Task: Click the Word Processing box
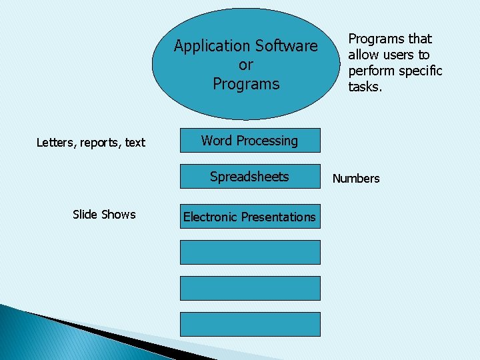(x=250, y=141)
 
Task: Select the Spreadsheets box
(x=250, y=177)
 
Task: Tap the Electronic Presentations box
(x=250, y=217)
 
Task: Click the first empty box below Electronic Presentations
(x=250, y=252)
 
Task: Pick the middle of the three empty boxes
(x=250, y=288)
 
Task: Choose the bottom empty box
(x=250, y=324)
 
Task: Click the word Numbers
(x=356, y=179)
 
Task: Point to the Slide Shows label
(x=104, y=215)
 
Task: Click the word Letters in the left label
(x=55, y=143)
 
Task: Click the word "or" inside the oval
(x=246, y=65)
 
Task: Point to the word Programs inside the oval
(x=246, y=84)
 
